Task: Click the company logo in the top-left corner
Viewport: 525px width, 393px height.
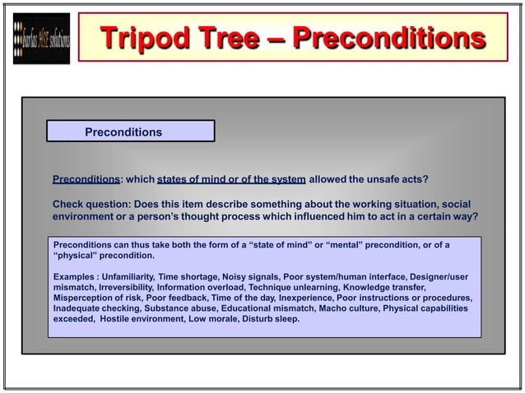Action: (x=41, y=39)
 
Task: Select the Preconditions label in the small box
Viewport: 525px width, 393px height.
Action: (x=123, y=132)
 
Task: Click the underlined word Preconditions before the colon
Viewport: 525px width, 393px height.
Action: (x=86, y=179)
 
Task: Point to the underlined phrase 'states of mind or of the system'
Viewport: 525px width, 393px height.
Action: (x=231, y=179)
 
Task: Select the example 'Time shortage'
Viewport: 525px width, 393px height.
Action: (x=188, y=277)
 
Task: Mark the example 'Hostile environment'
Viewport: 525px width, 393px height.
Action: (x=141, y=319)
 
